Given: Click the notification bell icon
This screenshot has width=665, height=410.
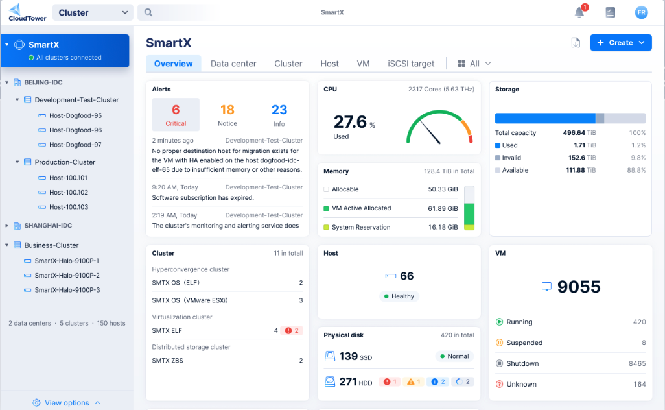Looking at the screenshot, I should [579, 12].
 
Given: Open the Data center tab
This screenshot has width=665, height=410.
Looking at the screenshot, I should [233, 64].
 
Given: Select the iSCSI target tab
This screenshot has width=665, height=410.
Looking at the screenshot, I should [411, 64].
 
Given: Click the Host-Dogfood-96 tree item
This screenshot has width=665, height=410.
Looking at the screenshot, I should [75, 130].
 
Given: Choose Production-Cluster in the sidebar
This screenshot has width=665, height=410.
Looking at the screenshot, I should [65, 162].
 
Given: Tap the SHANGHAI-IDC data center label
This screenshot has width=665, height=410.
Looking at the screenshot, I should [48, 226].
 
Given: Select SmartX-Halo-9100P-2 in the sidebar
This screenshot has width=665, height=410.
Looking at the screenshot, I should [67, 276].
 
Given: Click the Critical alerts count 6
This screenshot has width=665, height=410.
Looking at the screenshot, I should [176, 110].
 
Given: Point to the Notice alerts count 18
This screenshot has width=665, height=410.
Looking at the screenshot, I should [227, 110].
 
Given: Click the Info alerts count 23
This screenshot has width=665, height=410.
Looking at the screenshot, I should [279, 110].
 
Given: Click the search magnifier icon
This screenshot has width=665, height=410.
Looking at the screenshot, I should [148, 12].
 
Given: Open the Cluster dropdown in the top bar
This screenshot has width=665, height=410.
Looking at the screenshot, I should [93, 12].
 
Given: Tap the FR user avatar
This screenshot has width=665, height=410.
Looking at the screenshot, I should [641, 12].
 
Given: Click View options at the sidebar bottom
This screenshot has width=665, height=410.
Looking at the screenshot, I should [67, 403].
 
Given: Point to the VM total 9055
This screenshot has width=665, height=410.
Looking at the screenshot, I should [578, 287].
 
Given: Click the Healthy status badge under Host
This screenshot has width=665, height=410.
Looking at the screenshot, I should [399, 296].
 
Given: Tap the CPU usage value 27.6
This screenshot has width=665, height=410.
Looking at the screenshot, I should [350, 122].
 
